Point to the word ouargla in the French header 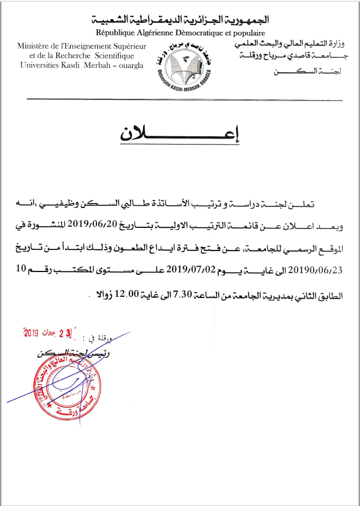tap(128, 65)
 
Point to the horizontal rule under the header tap(182, 99)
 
